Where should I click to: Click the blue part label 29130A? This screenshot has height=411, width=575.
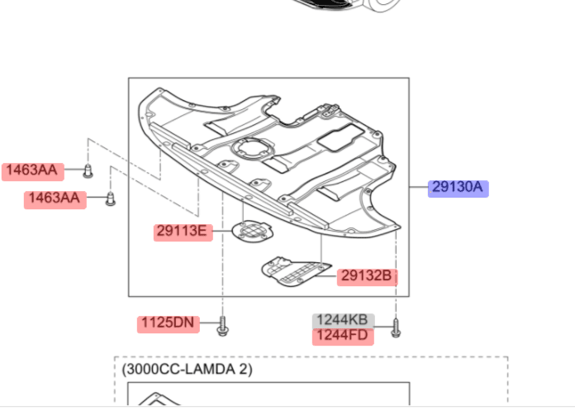pyautogui.click(x=458, y=189)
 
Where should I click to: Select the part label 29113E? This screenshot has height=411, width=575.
pyautogui.click(x=183, y=232)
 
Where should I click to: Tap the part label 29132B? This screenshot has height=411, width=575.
pyautogui.click(x=367, y=277)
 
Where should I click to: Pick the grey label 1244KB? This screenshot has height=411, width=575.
pyautogui.click(x=343, y=321)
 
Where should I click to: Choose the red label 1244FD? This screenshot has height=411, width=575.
pyautogui.click(x=343, y=337)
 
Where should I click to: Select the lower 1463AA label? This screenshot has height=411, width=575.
pyautogui.click(x=55, y=199)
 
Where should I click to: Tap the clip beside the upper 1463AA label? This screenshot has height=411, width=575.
pyautogui.click(x=88, y=171)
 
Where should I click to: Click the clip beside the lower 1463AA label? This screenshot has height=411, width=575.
pyautogui.click(x=111, y=199)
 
